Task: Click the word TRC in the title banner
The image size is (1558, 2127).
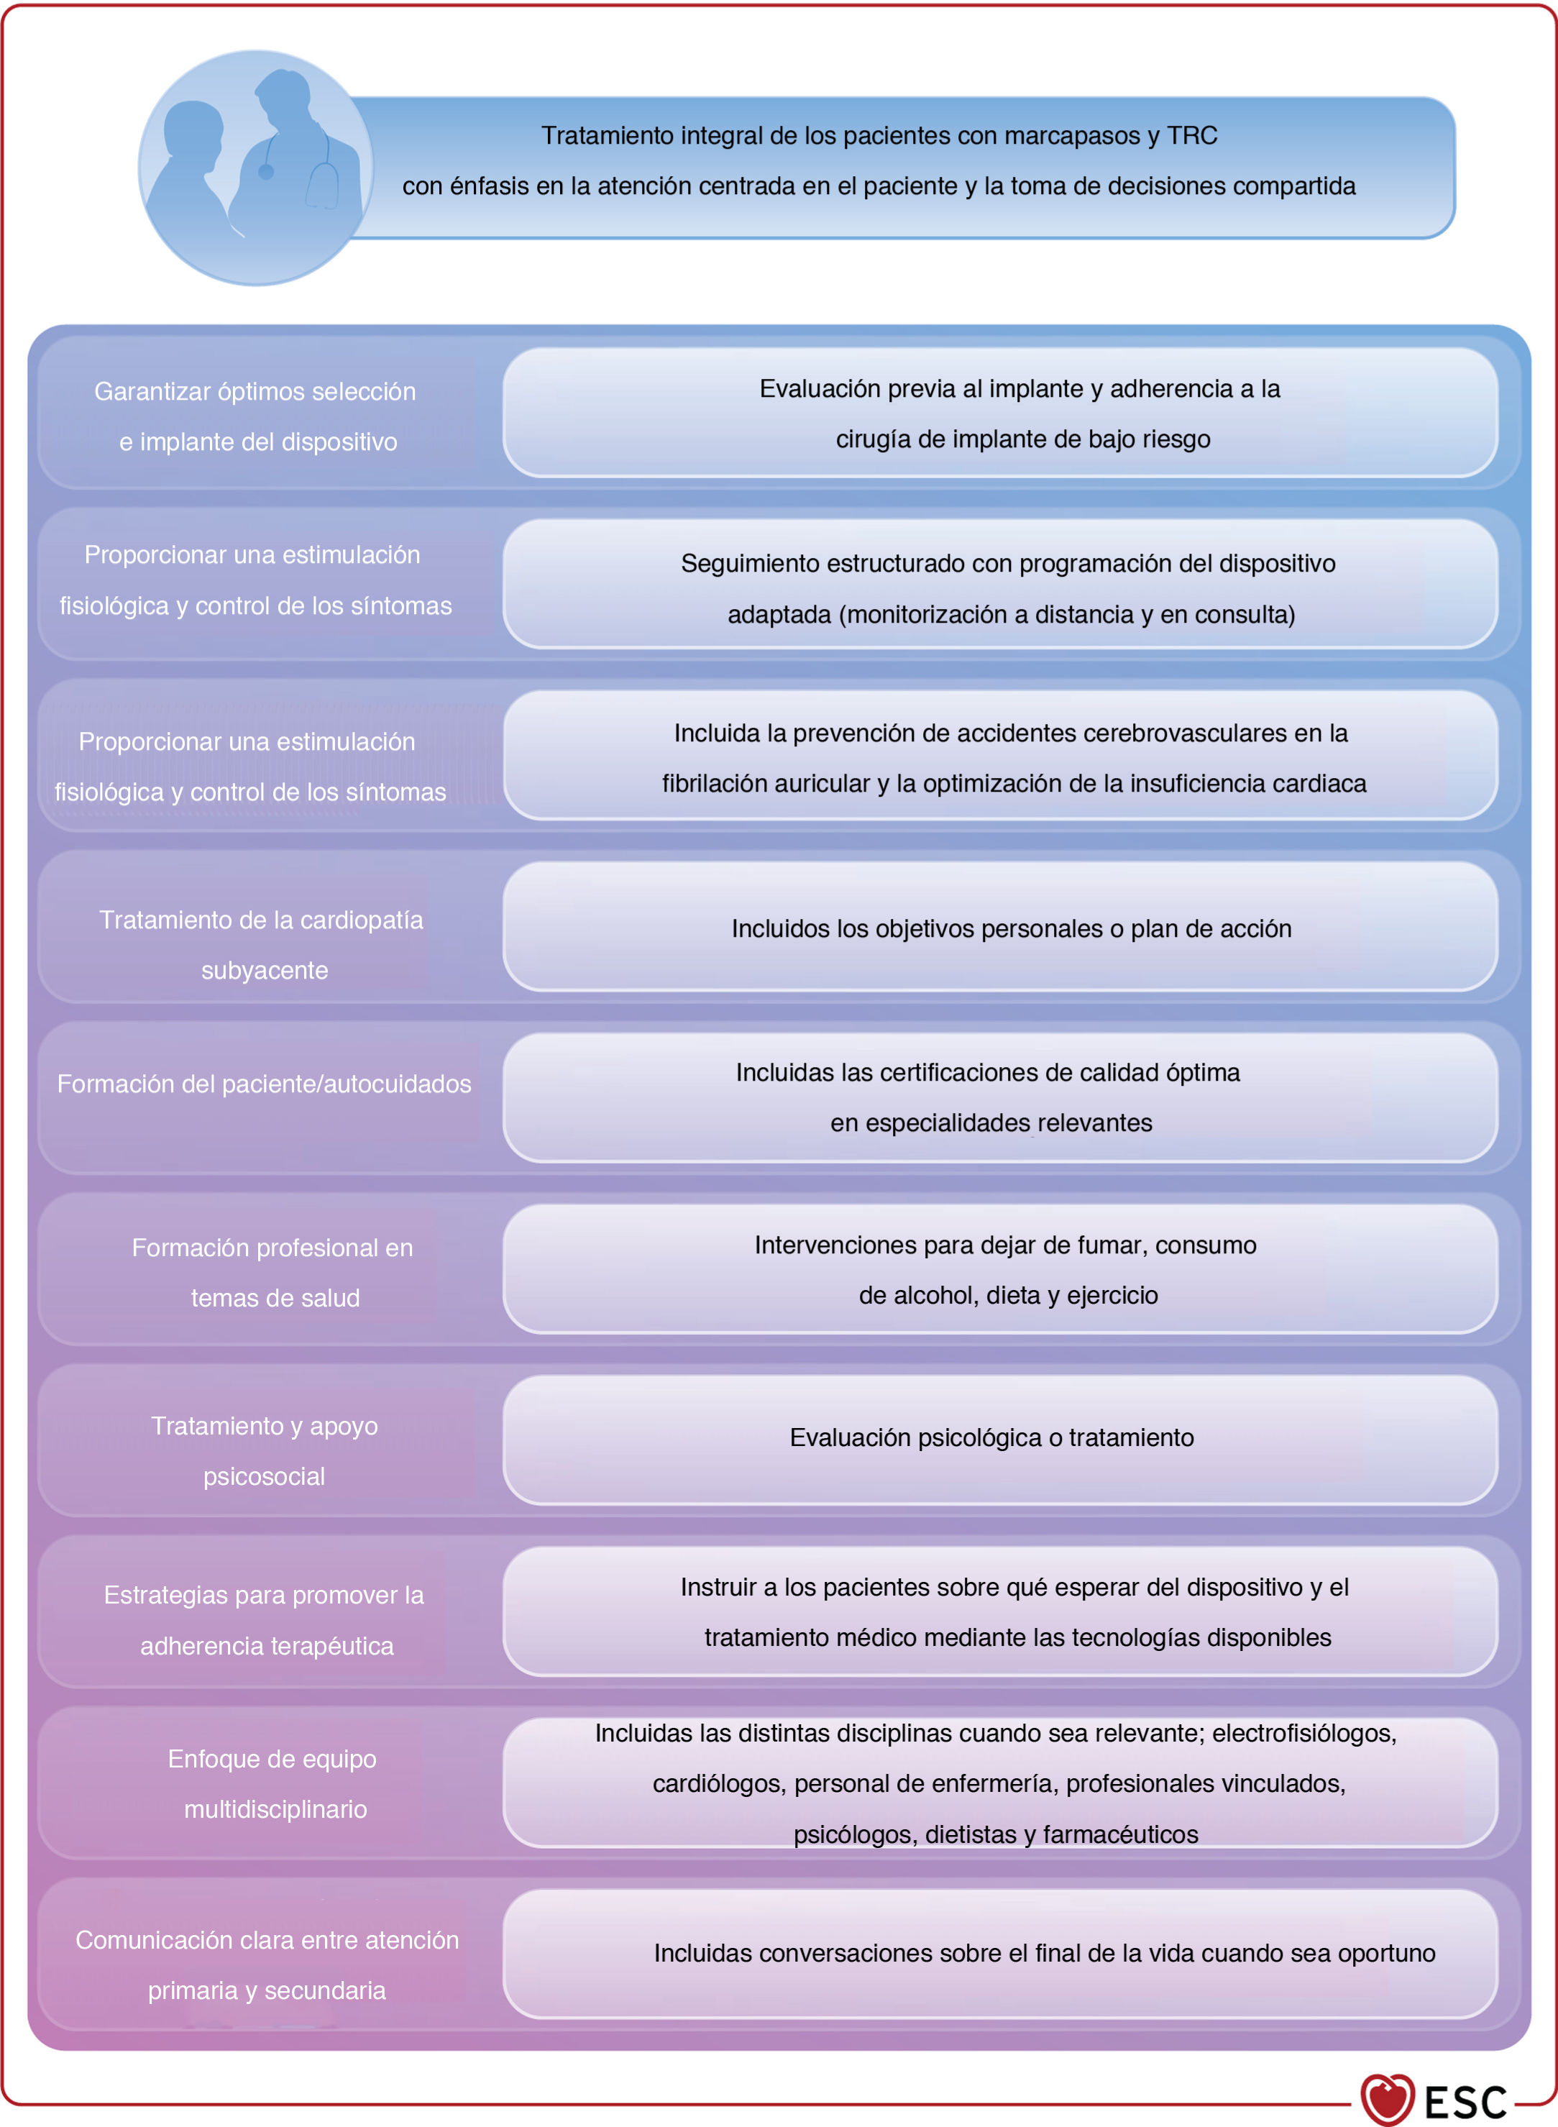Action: point(1192,136)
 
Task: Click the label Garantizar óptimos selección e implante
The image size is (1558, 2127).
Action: point(255,416)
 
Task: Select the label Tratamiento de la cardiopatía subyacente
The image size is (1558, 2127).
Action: point(262,944)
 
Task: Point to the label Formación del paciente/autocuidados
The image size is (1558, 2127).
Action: point(264,1084)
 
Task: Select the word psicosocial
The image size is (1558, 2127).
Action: point(264,1476)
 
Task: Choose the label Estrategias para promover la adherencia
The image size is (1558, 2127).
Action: point(264,1619)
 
